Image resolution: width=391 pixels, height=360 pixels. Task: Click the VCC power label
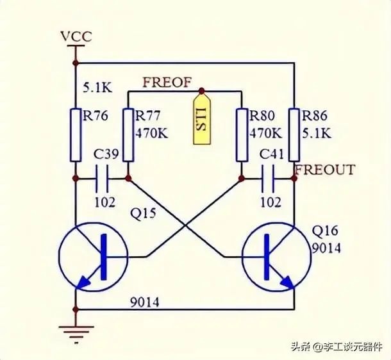click(76, 37)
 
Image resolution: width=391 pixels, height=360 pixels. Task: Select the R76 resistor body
click(76, 135)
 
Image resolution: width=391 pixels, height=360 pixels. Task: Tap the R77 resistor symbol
click(128, 135)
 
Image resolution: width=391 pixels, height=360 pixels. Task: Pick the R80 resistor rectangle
click(242, 135)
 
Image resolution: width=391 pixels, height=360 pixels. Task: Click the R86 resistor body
click(294, 135)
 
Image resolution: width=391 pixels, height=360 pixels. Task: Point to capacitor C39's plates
click(102, 178)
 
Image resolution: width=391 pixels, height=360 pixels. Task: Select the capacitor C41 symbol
click(268, 178)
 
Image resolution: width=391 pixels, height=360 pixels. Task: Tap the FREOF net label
click(167, 83)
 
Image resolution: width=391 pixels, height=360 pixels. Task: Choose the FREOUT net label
click(325, 170)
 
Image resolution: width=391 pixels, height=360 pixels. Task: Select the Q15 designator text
click(144, 214)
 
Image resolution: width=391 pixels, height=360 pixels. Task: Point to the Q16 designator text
click(325, 231)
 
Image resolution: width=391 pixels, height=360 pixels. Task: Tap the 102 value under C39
click(105, 202)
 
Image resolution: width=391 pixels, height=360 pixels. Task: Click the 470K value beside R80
click(266, 133)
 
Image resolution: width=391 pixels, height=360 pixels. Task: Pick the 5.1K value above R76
click(97, 88)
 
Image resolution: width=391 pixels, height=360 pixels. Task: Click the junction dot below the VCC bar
click(76, 63)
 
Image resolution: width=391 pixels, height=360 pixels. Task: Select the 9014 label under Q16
click(326, 248)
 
